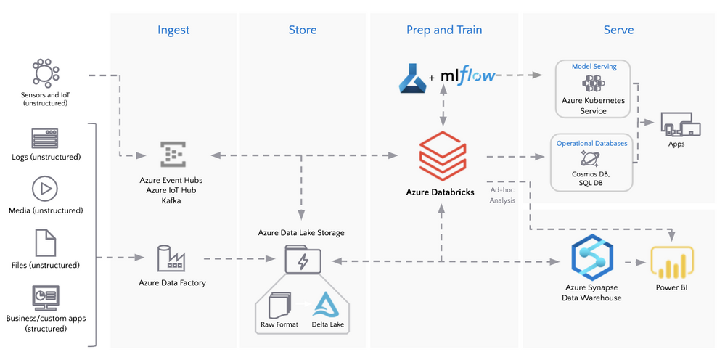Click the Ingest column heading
click(x=173, y=30)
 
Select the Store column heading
click(x=302, y=30)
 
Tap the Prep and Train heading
click(x=444, y=30)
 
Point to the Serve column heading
click(x=618, y=30)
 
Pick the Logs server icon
click(x=45, y=138)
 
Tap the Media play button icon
click(x=45, y=189)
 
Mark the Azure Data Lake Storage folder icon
click(x=300, y=258)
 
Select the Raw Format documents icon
click(x=279, y=304)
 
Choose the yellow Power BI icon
click(x=672, y=263)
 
